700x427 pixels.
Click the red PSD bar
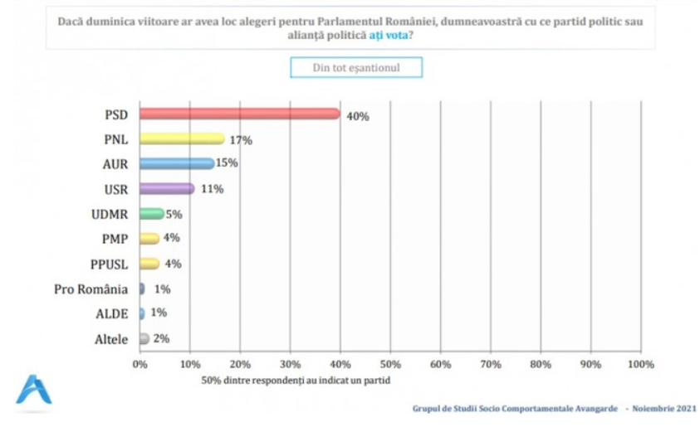(x=239, y=114)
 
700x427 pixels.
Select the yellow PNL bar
(x=182, y=138)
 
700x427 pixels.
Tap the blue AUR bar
(x=176, y=163)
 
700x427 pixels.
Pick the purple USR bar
(x=166, y=188)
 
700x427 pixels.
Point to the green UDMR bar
(x=151, y=214)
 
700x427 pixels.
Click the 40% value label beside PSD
(x=358, y=116)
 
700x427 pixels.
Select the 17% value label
(x=241, y=140)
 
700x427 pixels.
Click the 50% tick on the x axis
(x=390, y=363)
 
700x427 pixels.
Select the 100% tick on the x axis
(x=641, y=363)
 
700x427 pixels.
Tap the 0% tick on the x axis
(x=140, y=363)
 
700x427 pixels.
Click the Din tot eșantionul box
(x=356, y=67)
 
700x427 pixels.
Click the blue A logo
(x=33, y=391)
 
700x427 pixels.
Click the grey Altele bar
(x=144, y=338)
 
